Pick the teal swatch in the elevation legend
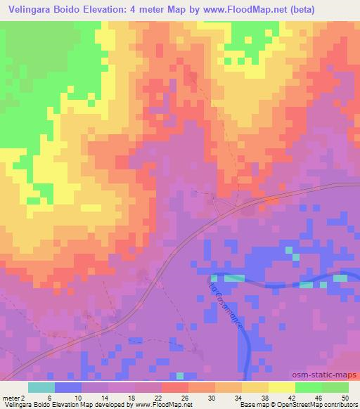[x=41, y=387]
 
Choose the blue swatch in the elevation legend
[x=68, y=387]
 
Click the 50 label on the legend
[x=345, y=397]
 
